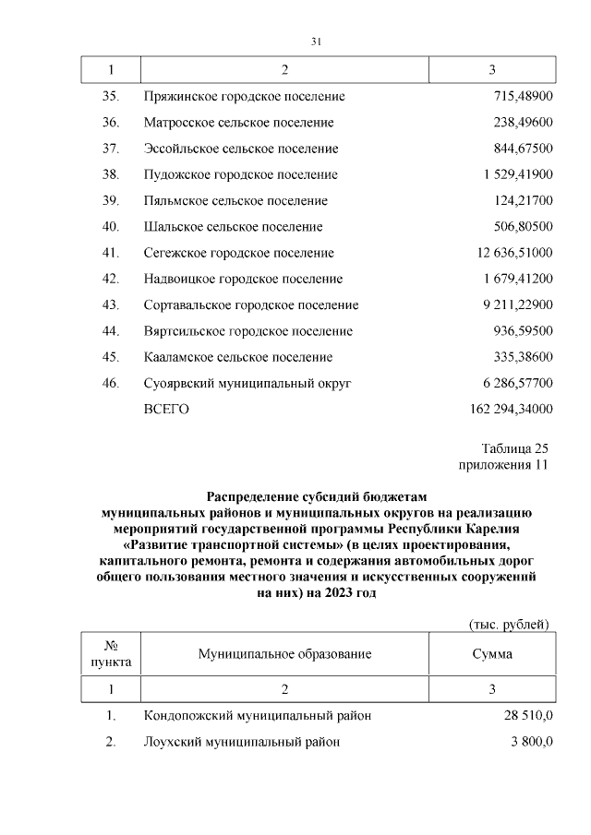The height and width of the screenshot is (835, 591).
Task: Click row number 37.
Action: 111,149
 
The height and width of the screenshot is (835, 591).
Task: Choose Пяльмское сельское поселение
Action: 235,200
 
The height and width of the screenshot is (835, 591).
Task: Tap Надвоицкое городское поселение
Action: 243,279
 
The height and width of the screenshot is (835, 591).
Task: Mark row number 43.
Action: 111,304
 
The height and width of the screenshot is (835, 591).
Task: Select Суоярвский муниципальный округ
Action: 247,383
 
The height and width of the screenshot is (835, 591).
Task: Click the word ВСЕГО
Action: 166,409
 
